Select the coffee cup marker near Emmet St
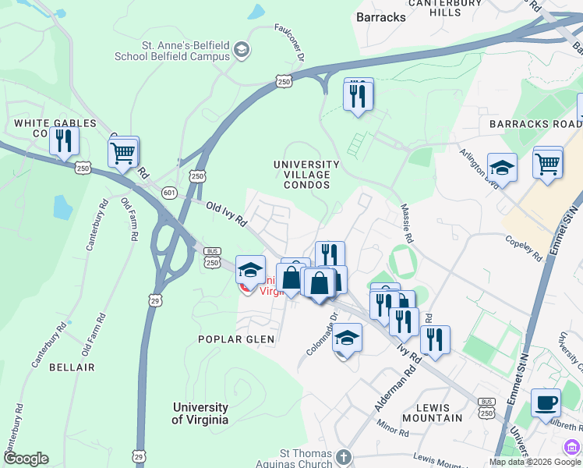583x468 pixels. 546,403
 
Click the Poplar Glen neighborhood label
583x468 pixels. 235,339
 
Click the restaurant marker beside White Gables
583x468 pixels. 63,141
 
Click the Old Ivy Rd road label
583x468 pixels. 227,214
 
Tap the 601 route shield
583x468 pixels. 169,192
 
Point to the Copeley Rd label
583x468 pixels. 524,245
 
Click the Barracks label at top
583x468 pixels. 380,17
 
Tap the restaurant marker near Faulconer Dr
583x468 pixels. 358,95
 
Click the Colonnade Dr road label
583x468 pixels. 320,335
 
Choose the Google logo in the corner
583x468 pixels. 26,459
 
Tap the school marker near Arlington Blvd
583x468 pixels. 502,168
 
